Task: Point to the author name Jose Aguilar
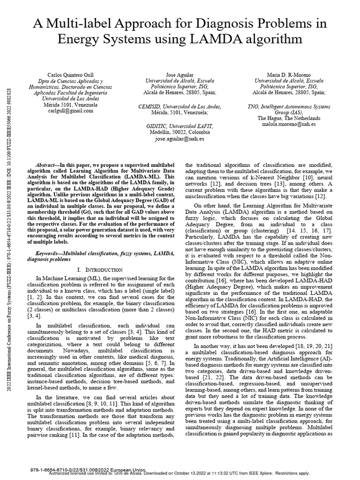coord(180,75)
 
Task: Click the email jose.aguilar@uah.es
coord(180,139)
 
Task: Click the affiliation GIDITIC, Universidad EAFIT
coord(180,126)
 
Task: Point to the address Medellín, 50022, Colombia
coord(180,132)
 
